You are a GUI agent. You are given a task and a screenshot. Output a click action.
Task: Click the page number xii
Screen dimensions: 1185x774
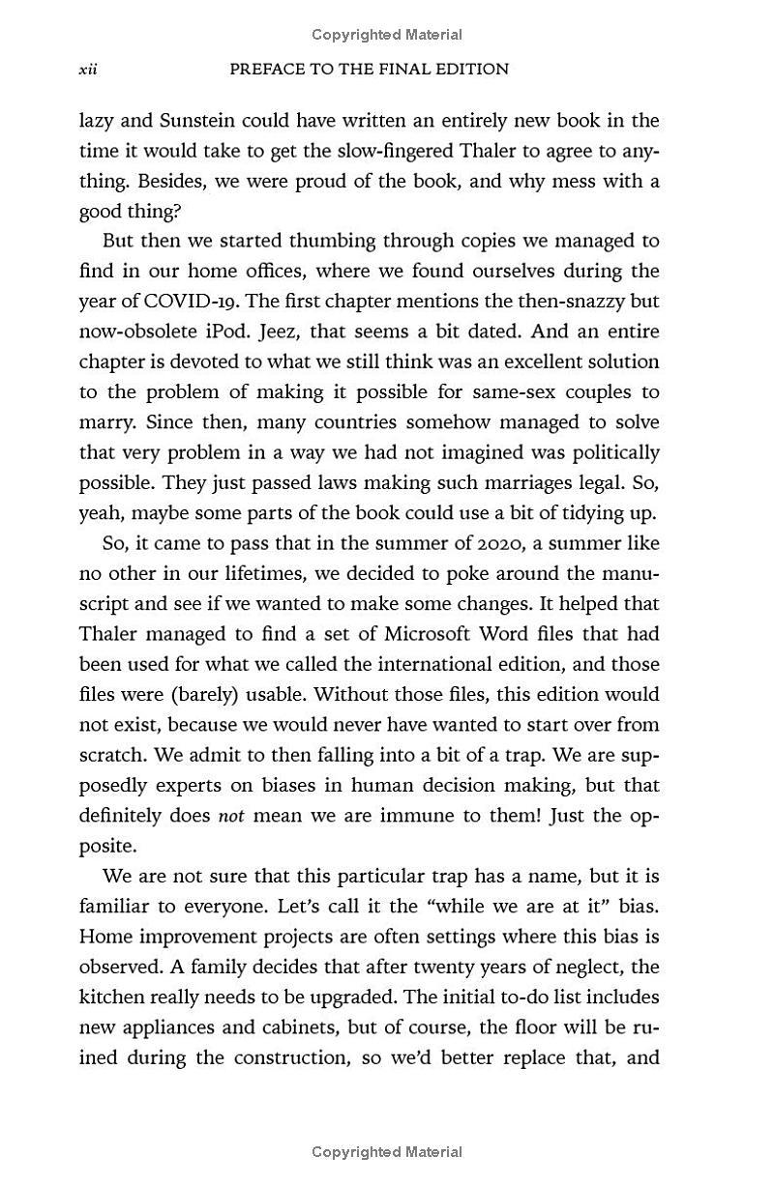(x=88, y=70)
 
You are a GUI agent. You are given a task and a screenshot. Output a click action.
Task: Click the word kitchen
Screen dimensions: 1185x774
(x=111, y=997)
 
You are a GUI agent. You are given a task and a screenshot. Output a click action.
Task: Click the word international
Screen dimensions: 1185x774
(x=414, y=665)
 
